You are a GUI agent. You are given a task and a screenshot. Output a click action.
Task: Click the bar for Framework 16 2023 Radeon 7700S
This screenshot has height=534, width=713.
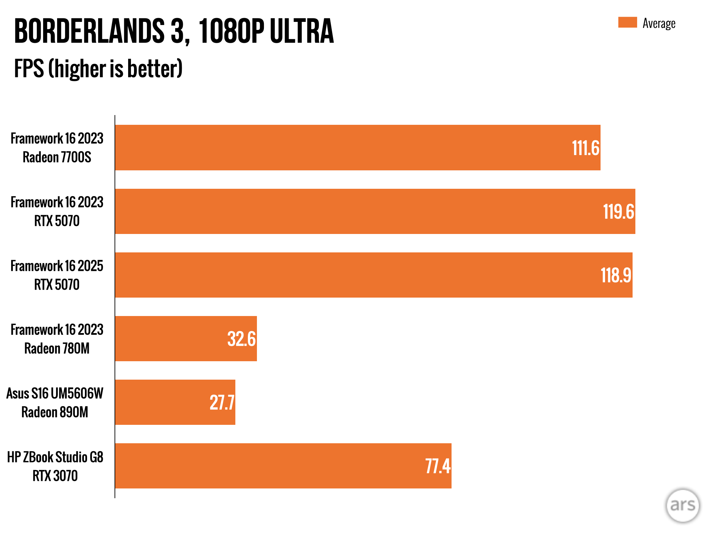(358, 147)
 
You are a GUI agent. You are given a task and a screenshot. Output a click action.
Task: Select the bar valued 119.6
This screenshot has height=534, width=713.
(375, 211)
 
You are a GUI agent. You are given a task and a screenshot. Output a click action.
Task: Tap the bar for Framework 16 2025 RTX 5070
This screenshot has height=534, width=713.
(374, 275)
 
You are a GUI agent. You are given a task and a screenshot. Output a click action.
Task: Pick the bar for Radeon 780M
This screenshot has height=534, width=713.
(186, 339)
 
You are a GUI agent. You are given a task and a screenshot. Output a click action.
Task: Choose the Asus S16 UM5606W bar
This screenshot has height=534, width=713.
(175, 402)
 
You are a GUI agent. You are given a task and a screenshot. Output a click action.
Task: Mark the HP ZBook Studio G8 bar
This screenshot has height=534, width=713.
(283, 466)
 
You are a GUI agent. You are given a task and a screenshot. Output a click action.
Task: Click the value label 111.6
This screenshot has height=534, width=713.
(585, 148)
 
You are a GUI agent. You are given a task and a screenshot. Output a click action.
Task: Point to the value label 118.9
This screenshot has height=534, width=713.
(616, 275)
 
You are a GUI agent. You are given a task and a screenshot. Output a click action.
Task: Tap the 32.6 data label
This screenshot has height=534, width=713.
(241, 339)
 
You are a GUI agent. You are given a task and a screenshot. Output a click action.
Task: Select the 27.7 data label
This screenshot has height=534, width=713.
(222, 403)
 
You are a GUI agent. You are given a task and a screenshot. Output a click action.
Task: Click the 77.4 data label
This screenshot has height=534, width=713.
(438, 466)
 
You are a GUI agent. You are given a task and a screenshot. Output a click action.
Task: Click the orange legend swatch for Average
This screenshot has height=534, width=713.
(627, 22)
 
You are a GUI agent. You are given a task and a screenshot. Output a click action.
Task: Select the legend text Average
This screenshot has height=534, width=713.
(659, 23)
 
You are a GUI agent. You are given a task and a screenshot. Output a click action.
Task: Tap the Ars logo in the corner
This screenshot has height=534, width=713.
(682, 505)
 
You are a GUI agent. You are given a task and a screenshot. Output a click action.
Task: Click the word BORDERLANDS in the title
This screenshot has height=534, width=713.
(89, 31)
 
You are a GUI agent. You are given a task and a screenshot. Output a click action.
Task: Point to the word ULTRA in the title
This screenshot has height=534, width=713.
(301, 31)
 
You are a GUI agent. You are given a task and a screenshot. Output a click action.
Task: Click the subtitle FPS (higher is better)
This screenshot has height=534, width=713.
(98, 68)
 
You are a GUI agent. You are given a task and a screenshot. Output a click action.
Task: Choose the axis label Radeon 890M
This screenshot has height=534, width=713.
(55, 412)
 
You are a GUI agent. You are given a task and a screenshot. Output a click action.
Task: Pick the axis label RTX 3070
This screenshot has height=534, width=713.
(55, 476)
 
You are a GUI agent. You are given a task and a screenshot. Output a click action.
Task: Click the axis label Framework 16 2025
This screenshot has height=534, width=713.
(57, 266)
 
